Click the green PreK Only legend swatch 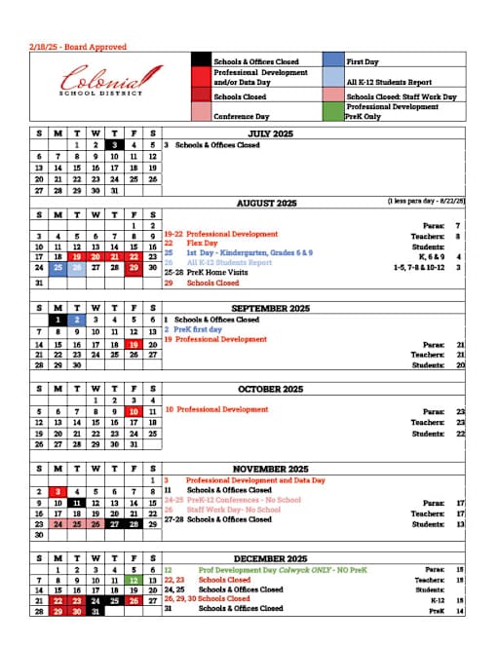click(331, 112)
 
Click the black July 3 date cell click(115, 144)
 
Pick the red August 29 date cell click(134, 266)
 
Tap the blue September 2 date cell click(77, 319)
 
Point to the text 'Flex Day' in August click(203, 244)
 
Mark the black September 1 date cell click(58, 319)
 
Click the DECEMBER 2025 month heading click(271, 558)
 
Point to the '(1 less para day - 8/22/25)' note click(425, 201)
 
